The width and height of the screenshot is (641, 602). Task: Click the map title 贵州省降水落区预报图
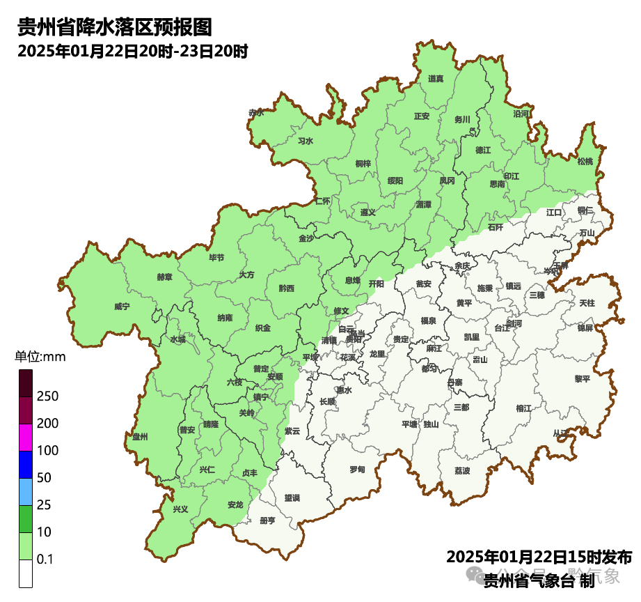coord(113,28)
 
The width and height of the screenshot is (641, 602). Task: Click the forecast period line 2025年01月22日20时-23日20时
coord(133,51)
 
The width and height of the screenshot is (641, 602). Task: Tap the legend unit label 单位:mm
coord(40,357)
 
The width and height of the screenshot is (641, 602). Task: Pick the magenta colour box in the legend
coord(26,438)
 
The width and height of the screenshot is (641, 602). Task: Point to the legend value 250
coord(47,396)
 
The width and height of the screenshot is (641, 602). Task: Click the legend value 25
coord(44,505)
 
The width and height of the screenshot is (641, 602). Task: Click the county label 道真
coord(436,79)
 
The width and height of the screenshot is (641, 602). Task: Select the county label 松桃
coord(585,162)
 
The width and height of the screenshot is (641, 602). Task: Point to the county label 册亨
coord(267,520)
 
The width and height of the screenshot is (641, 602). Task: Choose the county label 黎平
coord(582,379)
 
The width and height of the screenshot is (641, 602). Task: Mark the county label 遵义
coord(367,212)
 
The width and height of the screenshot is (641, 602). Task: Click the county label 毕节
coord(216,257)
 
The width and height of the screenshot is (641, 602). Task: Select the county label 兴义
coord(180,509)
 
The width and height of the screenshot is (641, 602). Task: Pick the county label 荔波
coord(462,471)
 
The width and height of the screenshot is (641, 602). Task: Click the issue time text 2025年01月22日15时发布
coord(539,557)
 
